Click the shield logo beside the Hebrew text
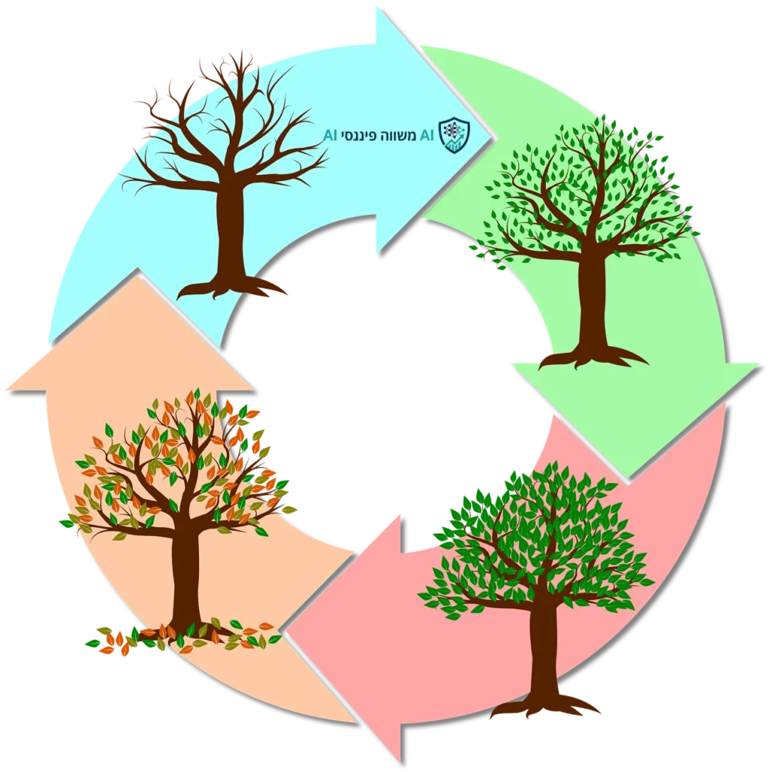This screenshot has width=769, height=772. pyautogui.click(x=454, y=134)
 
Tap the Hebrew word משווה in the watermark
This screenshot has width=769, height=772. pyautogui.click(x=411, y=135)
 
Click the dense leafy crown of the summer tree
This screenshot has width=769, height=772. pyautogui.click(x=539, y=543)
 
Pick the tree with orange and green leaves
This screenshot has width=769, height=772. pyautogui.click(x=181, y=482)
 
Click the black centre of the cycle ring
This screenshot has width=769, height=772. pyautogui.click(x=384, y=377)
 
